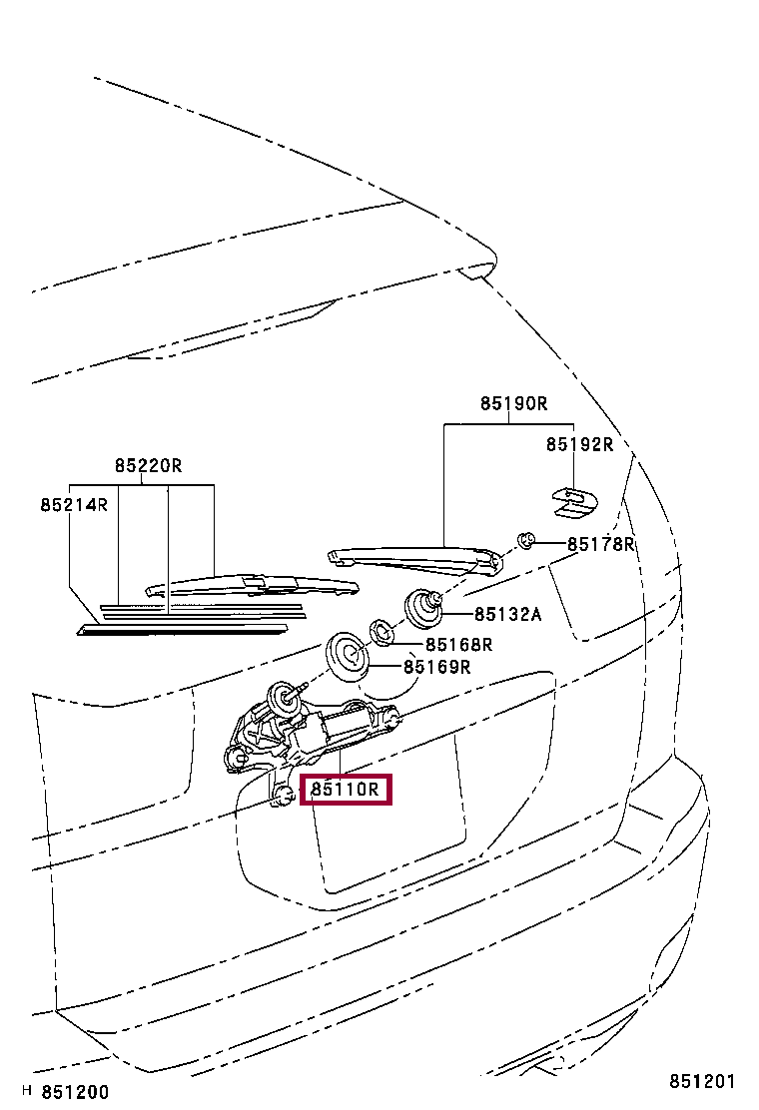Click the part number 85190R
513,404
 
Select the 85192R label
579,444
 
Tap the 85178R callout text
601,544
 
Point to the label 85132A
507,615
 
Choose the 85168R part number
459,645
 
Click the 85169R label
436,667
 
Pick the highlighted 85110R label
345,790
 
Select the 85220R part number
148,465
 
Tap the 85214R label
74,505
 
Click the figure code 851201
702,1082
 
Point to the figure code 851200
75,1092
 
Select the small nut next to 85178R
525,541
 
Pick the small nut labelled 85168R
380,631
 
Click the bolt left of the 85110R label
283,795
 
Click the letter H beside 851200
27,1092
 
